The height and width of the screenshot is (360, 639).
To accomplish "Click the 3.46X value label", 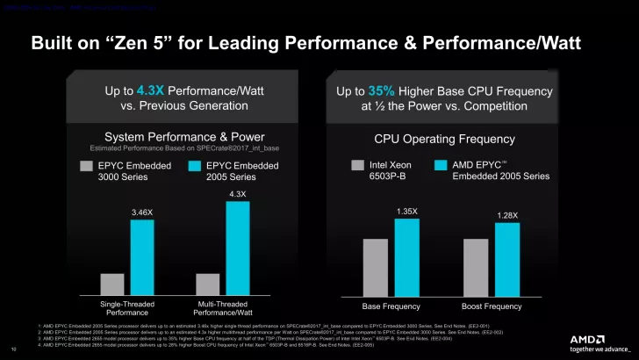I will click(142, 212).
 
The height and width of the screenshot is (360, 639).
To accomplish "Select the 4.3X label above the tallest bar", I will click(237, 194).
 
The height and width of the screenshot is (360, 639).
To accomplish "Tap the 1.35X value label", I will click(406, 211).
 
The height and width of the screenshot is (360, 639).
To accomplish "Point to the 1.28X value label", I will click(507, 215).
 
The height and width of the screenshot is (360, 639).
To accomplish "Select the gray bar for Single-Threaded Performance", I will click(112, 284).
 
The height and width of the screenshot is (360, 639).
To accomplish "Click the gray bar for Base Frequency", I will click(375, 267).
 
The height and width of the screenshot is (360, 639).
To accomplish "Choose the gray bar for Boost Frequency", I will click(476, 267).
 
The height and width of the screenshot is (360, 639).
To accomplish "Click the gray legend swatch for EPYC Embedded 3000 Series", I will click(86, 164).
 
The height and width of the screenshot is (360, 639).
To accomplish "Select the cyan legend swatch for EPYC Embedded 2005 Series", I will click(196, 164).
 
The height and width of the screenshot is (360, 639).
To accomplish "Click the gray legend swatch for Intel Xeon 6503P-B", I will click(357, 164).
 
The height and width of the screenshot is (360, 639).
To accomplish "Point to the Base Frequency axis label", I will click(391, 306).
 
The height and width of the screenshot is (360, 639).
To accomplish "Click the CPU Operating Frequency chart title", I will click(444, 139).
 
